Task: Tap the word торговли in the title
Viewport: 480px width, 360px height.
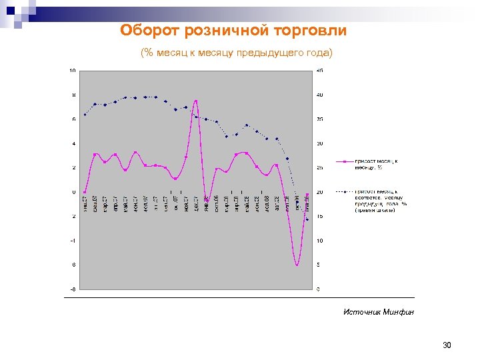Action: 314,31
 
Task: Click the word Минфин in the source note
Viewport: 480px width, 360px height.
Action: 399,311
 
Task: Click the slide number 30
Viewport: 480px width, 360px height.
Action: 447,345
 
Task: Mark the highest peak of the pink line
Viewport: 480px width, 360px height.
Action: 196,101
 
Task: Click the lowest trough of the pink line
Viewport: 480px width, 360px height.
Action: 297,265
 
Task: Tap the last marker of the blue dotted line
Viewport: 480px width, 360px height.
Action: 307,219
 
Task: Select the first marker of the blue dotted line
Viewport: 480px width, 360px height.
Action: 85,115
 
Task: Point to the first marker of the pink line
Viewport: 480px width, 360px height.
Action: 85,192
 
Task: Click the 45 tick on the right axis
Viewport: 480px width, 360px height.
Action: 321,70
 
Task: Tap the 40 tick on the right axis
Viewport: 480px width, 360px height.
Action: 321,95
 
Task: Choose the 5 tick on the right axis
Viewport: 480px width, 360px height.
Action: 319,265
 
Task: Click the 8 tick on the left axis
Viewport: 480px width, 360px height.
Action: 73,95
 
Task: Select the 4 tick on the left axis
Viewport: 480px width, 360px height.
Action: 73,143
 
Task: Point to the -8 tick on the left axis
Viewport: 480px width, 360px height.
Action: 73,289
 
